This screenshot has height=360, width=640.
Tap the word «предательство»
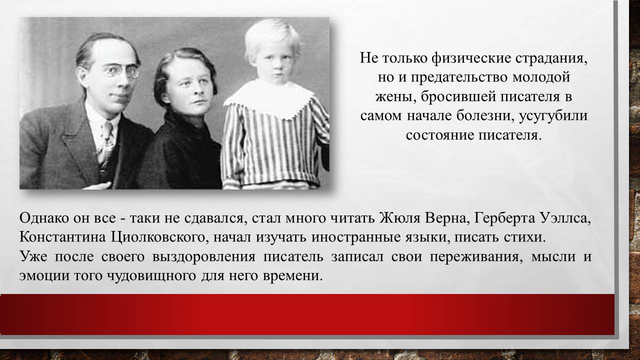pyautogui.click(x=459, y=77)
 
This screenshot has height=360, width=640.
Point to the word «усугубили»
pyautogui.click(x=553, y=116)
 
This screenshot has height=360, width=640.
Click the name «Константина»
pyautogui.click(x=62, y=237)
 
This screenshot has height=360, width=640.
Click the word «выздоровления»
pyautogui.click(x=203, y=256)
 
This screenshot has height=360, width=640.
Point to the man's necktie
pyautogui.click(x=107, y=143)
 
